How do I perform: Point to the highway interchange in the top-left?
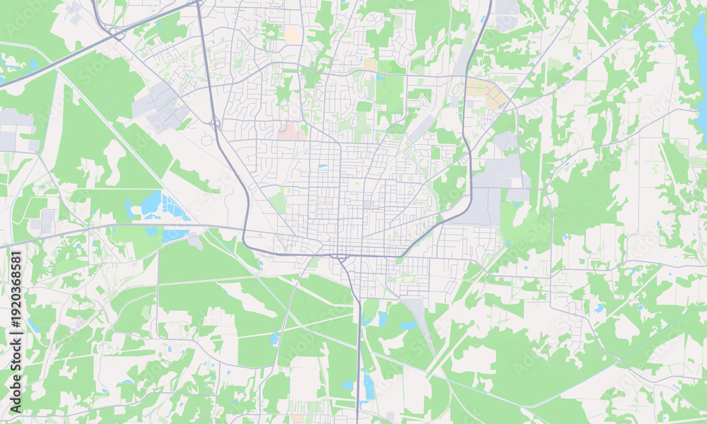click(x=113, y=31)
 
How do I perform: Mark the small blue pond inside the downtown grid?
click(x=322, y=167)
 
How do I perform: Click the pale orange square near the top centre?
click(x=292, y=35)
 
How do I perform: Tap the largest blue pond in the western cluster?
click(x=151, y=204)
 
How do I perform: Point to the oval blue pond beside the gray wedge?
click(x=408, y=326)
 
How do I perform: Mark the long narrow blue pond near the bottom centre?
click(x=369, y=385)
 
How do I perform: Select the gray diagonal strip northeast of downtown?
click(x=422, y=128)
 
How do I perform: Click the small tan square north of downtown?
click(x=370, y=64)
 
